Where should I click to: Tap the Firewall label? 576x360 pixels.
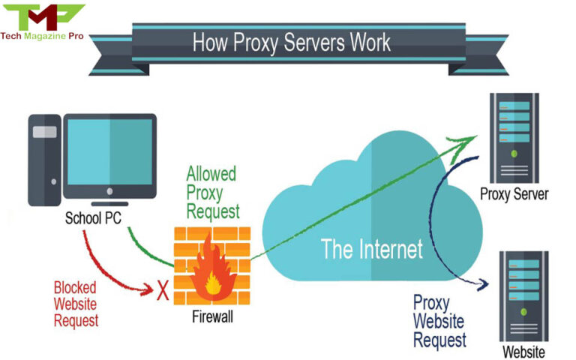click(x=212, y=317)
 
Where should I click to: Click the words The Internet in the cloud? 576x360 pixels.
click(x=372, y=248)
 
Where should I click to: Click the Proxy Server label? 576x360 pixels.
click(x=514, y=194)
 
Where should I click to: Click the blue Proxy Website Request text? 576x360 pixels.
click(x=440, y=322)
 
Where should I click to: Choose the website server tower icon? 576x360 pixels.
click(x=524, y=295)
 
